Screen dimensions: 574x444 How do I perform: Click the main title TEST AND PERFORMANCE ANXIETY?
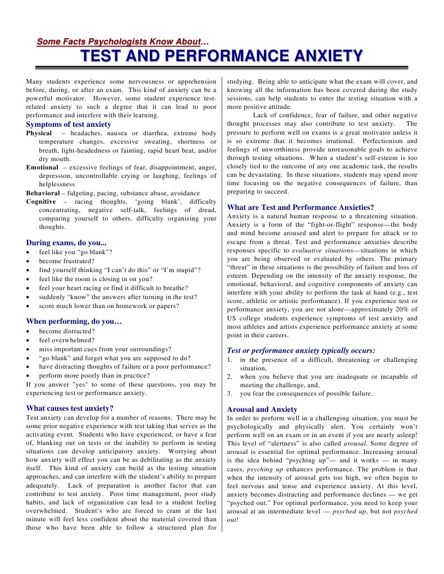[x=222, y=56]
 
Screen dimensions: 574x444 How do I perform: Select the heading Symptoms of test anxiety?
[x=68, y=124]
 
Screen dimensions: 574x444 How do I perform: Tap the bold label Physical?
[x=39, y=133]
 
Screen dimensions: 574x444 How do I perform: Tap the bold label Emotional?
[x=42, y=167]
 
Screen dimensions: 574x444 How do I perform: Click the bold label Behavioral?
[x=43, y=193]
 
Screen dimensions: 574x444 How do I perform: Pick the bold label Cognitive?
[x=41, y=201]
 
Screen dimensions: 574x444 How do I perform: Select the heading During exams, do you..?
[x=66, y=242]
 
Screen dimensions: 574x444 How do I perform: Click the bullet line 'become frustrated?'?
[x=67, y=261]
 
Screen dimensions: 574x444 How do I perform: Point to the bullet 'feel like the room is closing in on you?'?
[x=95, y=279]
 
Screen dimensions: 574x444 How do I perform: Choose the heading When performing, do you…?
[x=74, y=322]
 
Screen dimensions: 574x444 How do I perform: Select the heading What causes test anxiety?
[x=70, y=408]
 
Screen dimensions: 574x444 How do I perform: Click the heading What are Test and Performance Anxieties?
[x=300, y=207]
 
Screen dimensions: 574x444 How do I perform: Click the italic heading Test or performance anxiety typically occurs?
[x=301, y=350]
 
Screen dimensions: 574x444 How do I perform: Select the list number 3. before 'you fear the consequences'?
[x=230, y=394]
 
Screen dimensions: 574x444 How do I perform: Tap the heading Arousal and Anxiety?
[x=262, y=409]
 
